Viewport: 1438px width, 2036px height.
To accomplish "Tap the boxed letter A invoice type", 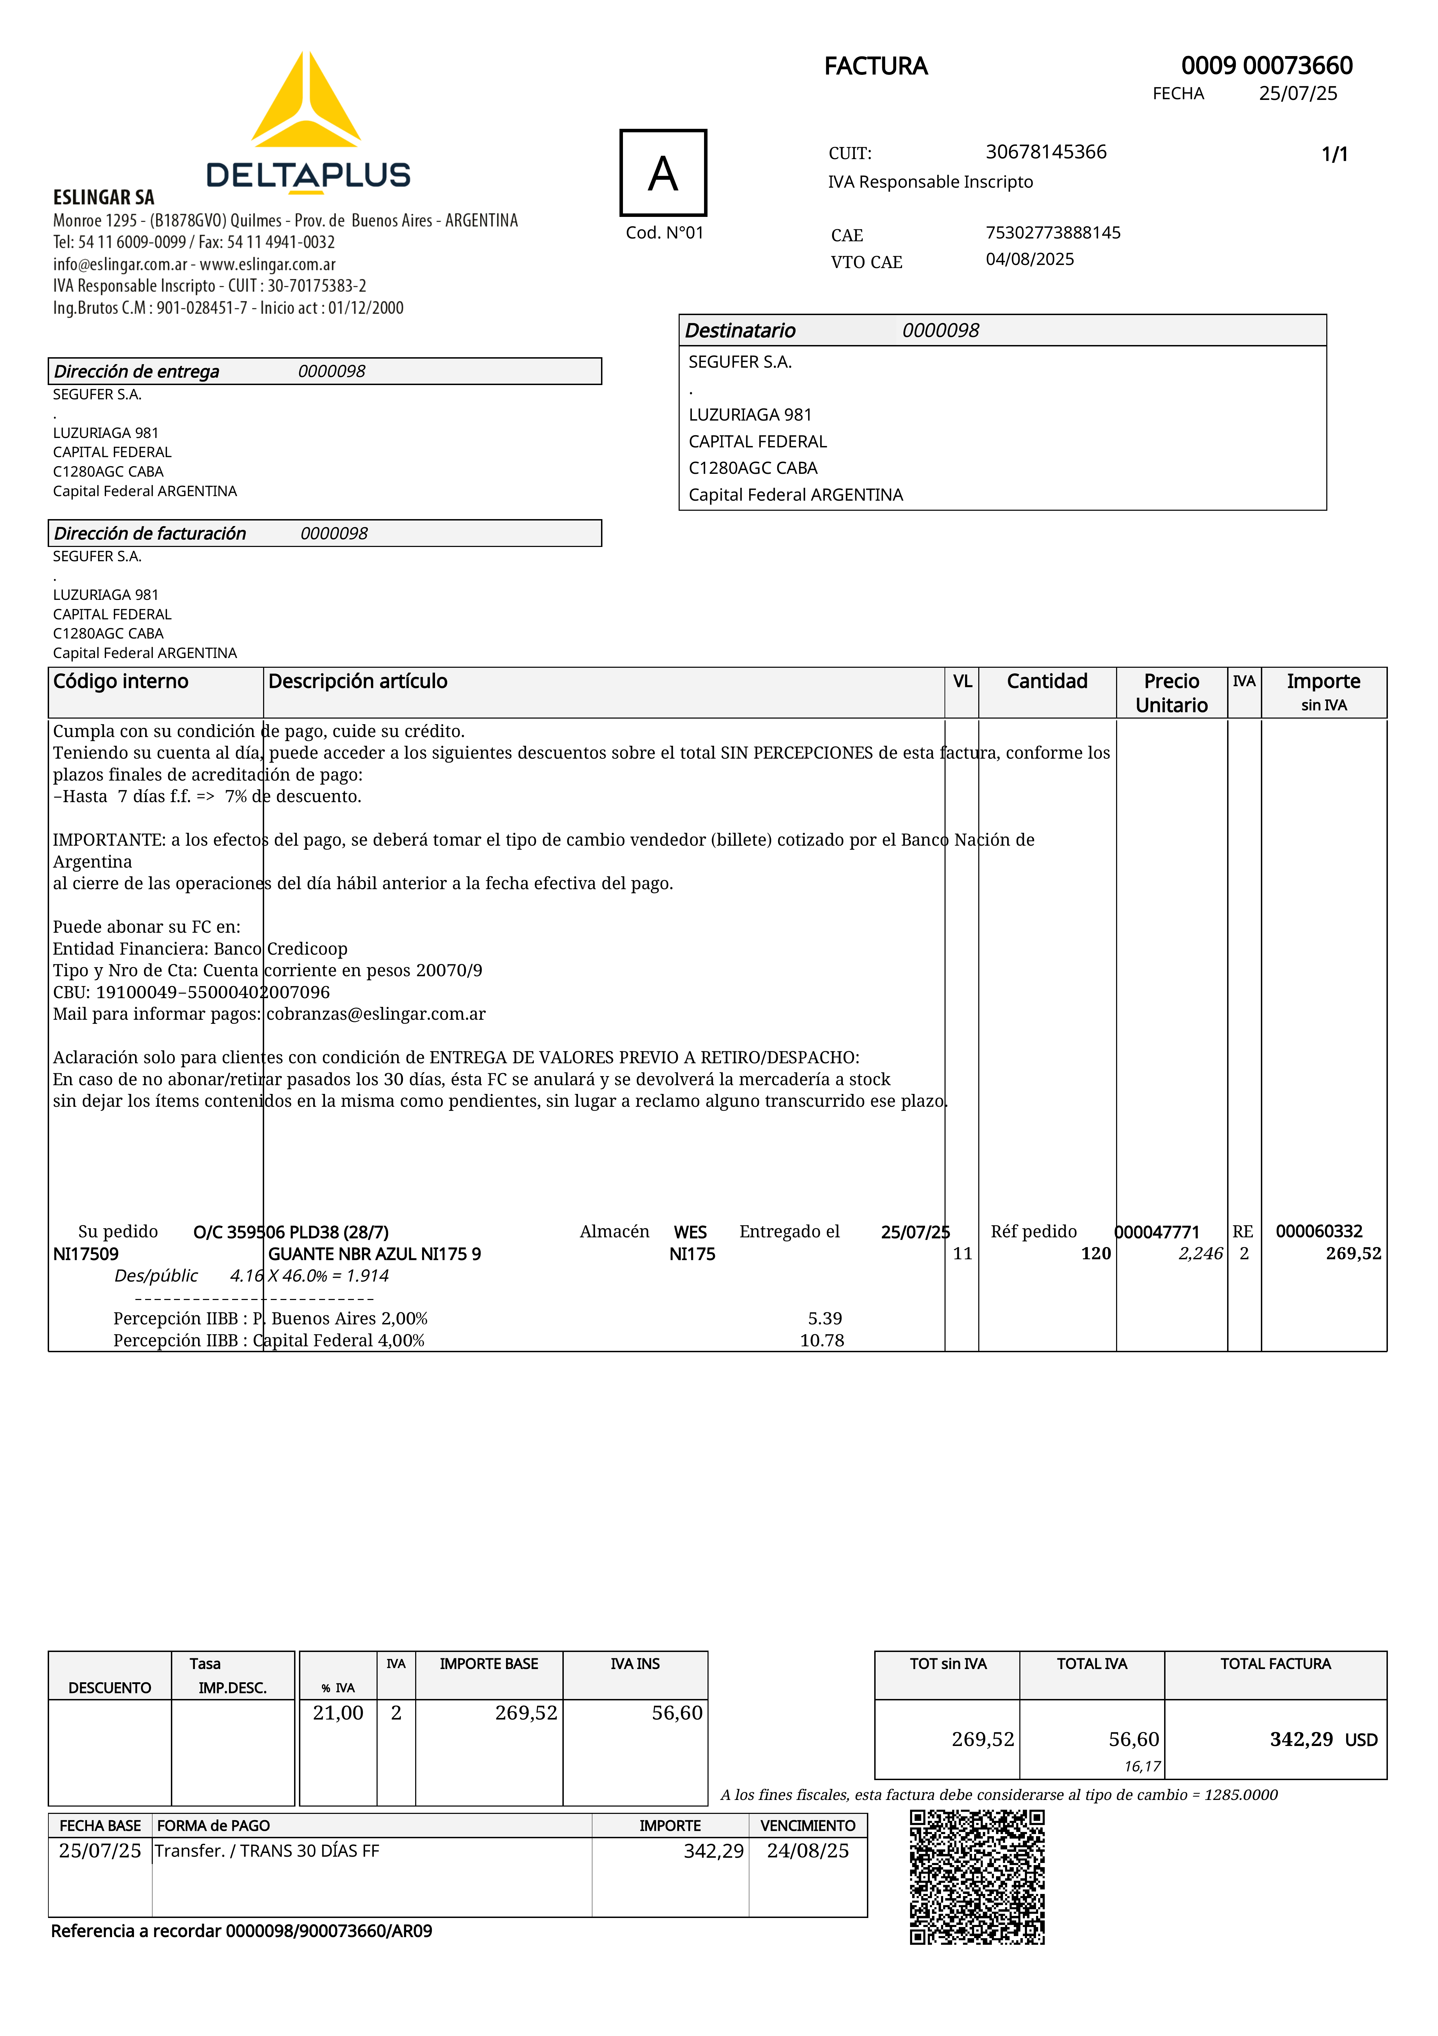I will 663,173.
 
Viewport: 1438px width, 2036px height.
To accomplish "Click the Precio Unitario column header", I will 1171,692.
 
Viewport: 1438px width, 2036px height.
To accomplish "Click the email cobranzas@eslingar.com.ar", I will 376,1013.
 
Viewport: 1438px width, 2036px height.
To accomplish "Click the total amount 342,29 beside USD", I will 1301,1739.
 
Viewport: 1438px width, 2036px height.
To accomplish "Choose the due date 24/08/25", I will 808,1851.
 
